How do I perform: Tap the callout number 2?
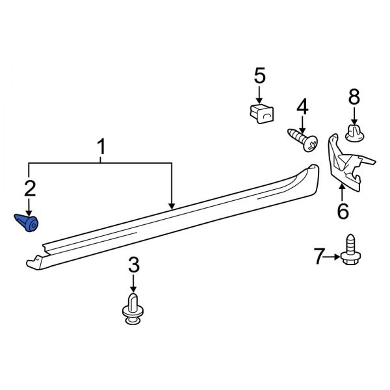tap(30, 189)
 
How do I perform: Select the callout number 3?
tap(133, 265)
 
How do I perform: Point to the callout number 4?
tap(302, 107)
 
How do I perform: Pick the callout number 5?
tap(259, 77)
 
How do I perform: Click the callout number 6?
tap(343, 211)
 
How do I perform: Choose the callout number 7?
tap(318, 257)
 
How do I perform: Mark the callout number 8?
tap(354, 98)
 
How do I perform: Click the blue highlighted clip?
tap(28, 222)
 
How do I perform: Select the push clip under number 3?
tap(133, 308)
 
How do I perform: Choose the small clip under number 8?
tap(354, 134)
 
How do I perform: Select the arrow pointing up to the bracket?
tap(343, 192)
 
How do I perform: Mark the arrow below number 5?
tap(259, 94)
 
